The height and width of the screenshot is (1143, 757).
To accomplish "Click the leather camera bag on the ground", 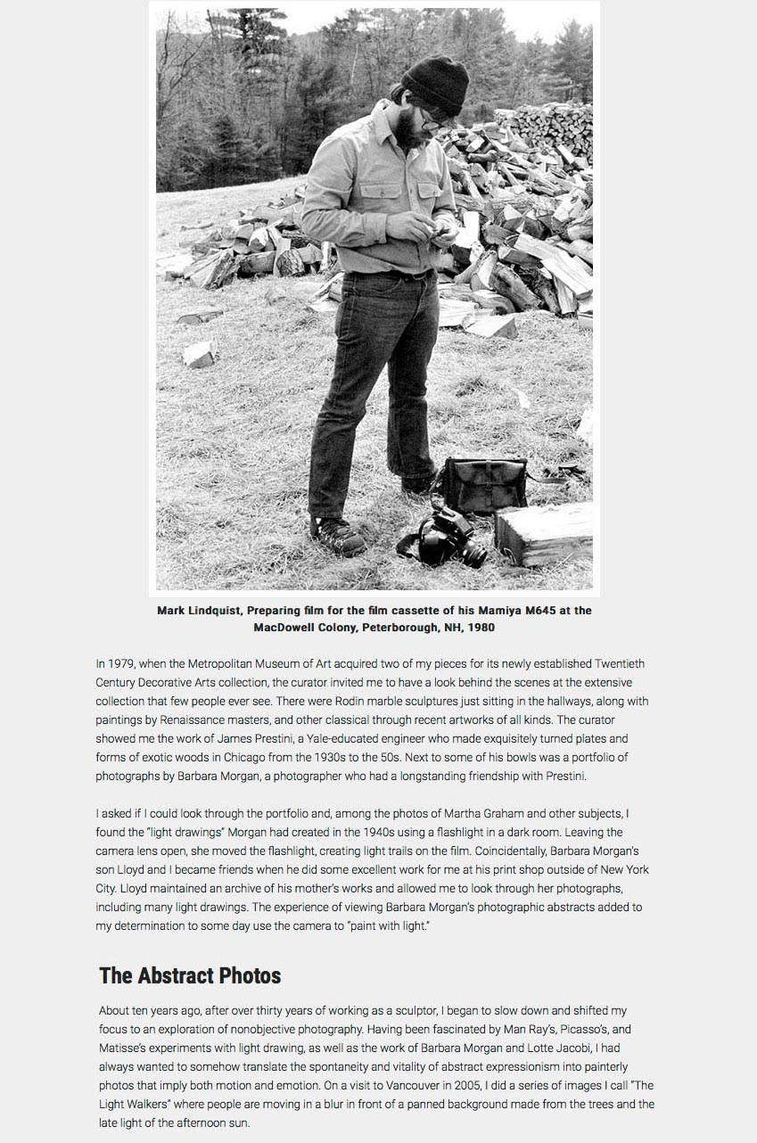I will tap(486, 485).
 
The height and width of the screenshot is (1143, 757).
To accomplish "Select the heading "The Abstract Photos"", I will tap(190, 975).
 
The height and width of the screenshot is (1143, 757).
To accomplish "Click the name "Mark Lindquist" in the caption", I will tap(198, 611).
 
